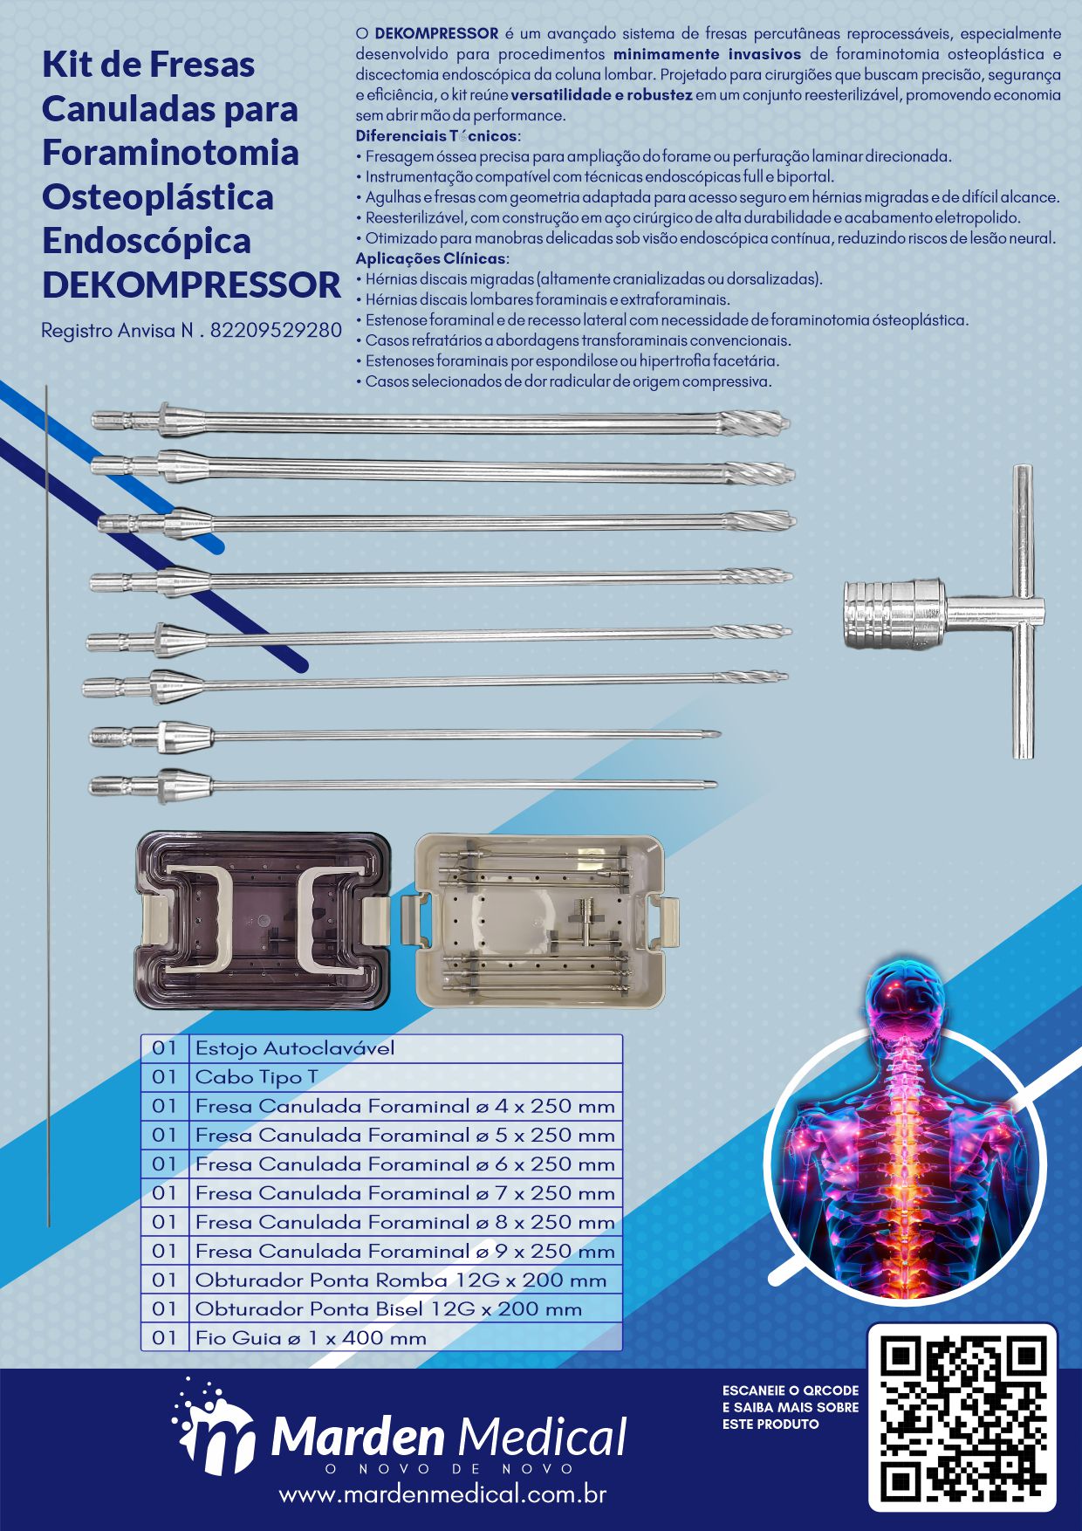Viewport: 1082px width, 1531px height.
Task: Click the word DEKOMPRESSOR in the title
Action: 191,285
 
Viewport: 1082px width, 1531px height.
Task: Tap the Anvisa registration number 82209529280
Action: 276,331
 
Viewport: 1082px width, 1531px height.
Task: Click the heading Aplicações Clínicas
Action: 431,258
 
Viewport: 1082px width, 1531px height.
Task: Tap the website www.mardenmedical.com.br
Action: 442,1493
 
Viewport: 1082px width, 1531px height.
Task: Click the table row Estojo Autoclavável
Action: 381,1048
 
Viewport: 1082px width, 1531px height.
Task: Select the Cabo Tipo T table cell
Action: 406,1077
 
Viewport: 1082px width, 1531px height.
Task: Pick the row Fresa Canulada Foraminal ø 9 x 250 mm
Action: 381,1251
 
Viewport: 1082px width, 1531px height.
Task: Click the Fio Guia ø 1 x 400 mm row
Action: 381,1337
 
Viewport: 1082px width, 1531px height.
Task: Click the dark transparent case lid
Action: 263,920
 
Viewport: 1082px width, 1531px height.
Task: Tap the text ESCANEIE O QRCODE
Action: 791,1390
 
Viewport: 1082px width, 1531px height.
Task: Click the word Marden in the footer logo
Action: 359,1437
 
